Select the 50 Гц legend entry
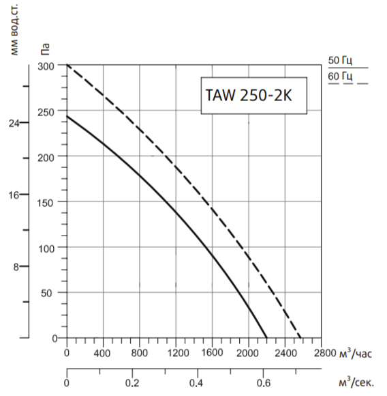click(339, 61)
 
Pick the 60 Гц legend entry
click(339, 76)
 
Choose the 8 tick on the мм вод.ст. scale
click(16, 267)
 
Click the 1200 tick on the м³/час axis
click(176, 353)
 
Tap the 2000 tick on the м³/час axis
click(249, 353)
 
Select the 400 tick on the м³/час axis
click(103, 353)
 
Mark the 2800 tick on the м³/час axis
click(324, 353)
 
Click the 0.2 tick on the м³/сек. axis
click(132, 382)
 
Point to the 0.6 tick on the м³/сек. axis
click(264, 382)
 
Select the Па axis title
click(46, 49)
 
